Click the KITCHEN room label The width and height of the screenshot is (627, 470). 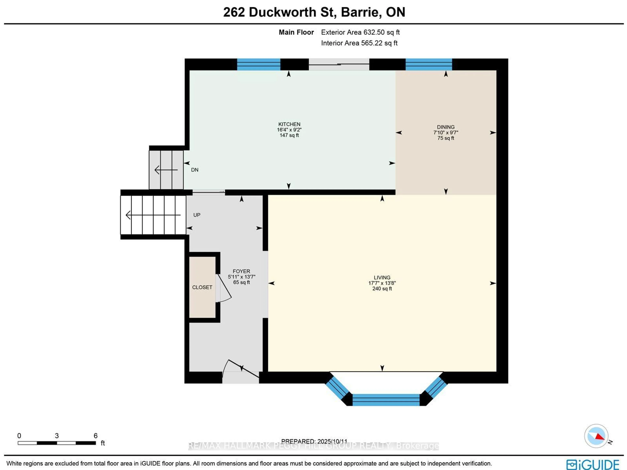point(289,124)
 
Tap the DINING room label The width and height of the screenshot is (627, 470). point(446,127)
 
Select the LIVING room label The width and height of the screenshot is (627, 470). point(382,277)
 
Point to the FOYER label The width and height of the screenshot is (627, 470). point(241,271)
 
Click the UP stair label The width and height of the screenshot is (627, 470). point(197,215)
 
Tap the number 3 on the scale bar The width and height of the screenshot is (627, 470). point(57,435)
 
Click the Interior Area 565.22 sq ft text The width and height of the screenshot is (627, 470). point(359,43)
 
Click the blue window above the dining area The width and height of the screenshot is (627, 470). point(429,64)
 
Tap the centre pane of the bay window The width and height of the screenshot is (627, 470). point(386,400)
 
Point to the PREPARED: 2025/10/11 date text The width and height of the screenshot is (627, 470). point(314,441)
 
